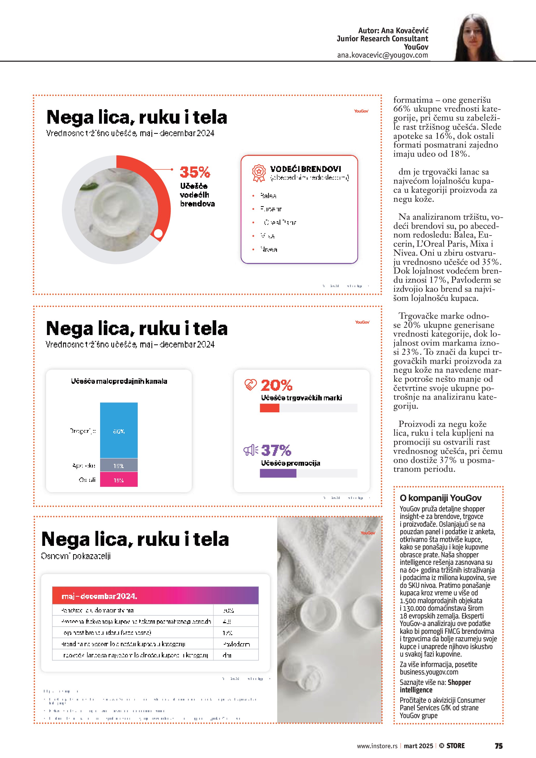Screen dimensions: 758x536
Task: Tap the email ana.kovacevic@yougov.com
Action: coord(382,55)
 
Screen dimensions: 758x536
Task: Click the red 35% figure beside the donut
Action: coord(195,172)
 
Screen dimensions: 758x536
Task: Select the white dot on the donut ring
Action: coord(158,233)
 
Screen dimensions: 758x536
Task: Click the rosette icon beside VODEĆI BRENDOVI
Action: coord(259,173)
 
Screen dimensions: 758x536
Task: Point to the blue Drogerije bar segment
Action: coord(119,430)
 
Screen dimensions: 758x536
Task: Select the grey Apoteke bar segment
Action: coord(119,465)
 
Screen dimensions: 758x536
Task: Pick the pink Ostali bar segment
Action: coord(119,480)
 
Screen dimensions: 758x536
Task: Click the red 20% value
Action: coord(276,385)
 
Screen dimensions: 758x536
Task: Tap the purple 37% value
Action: coord(276,450)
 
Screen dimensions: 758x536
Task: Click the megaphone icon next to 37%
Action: coord(250,450)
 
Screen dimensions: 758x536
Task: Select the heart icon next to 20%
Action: coord(250,385)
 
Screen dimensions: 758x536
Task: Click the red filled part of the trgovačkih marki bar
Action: coord(269,408)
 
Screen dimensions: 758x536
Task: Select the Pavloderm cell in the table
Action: coord(236,644)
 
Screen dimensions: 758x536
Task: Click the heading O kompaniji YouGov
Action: coord(440,498)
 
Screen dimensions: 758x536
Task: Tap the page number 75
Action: coord(498,746)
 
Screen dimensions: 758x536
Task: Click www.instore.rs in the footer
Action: coord(377,746)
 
